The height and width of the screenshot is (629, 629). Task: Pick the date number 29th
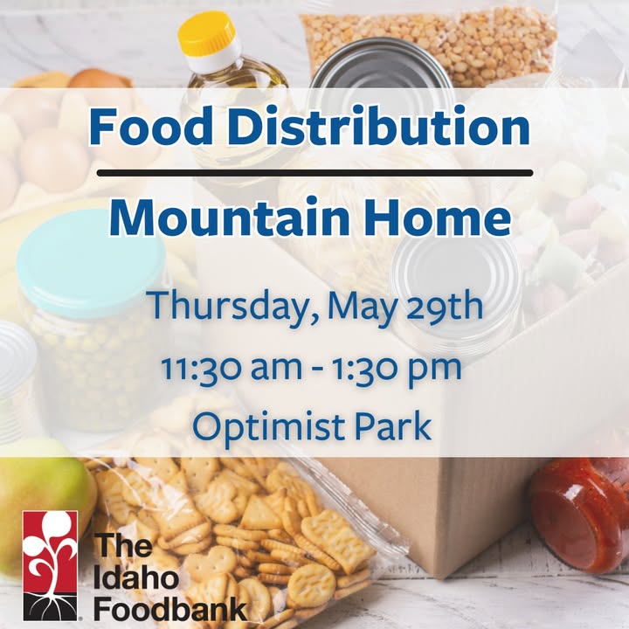click(x=443, y=305)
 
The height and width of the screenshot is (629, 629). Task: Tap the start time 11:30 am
click(x=232, y=368)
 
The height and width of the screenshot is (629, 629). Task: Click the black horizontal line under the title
click(x=314, y=173)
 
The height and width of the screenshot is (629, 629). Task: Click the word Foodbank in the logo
click(x=170, y=609)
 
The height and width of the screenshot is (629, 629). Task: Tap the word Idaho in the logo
click(x=136, y=578)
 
